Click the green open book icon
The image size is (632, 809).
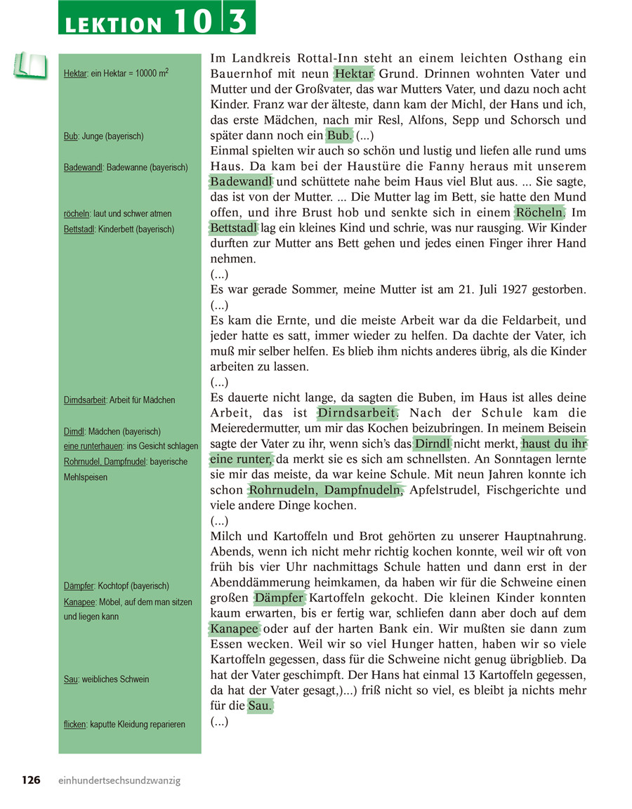tap(29, 65)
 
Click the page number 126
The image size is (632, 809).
tap(31, 780)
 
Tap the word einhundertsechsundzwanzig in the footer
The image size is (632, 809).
tap(119, 780)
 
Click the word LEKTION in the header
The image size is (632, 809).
tap(112, 24)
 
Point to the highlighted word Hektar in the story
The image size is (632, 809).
tap(354, 74)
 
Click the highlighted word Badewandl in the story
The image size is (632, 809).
tap(241, 182)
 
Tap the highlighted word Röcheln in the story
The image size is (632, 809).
tap(539, 212)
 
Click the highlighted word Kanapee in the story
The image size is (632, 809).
tap(235, 628)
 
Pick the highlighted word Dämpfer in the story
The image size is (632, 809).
tap(279, 598)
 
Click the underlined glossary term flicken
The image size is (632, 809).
tap(74, 724)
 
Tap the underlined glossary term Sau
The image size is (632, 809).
tap(70, 679)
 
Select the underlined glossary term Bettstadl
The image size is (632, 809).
tap(79, 229)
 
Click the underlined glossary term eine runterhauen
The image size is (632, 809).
tap(93, 446)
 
